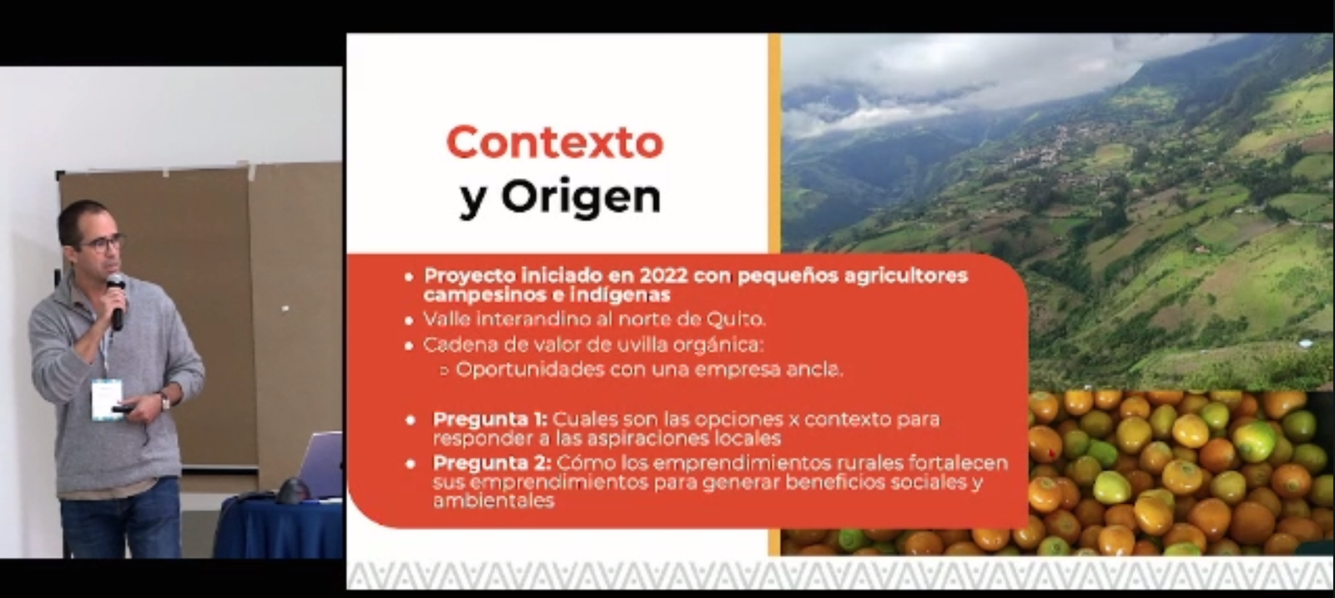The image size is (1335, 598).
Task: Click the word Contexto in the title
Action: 555,142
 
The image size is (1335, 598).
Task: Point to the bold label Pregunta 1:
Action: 490,420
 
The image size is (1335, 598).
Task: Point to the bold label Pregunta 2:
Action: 491,463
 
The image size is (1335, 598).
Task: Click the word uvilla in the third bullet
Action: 618,344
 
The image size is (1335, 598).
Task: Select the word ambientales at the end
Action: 493,501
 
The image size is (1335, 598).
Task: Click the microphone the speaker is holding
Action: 116,301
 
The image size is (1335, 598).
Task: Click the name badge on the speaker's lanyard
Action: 107,399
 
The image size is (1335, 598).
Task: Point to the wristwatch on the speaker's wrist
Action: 164,401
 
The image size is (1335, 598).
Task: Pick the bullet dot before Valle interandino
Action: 408,320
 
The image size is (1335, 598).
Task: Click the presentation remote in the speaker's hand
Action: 125,409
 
